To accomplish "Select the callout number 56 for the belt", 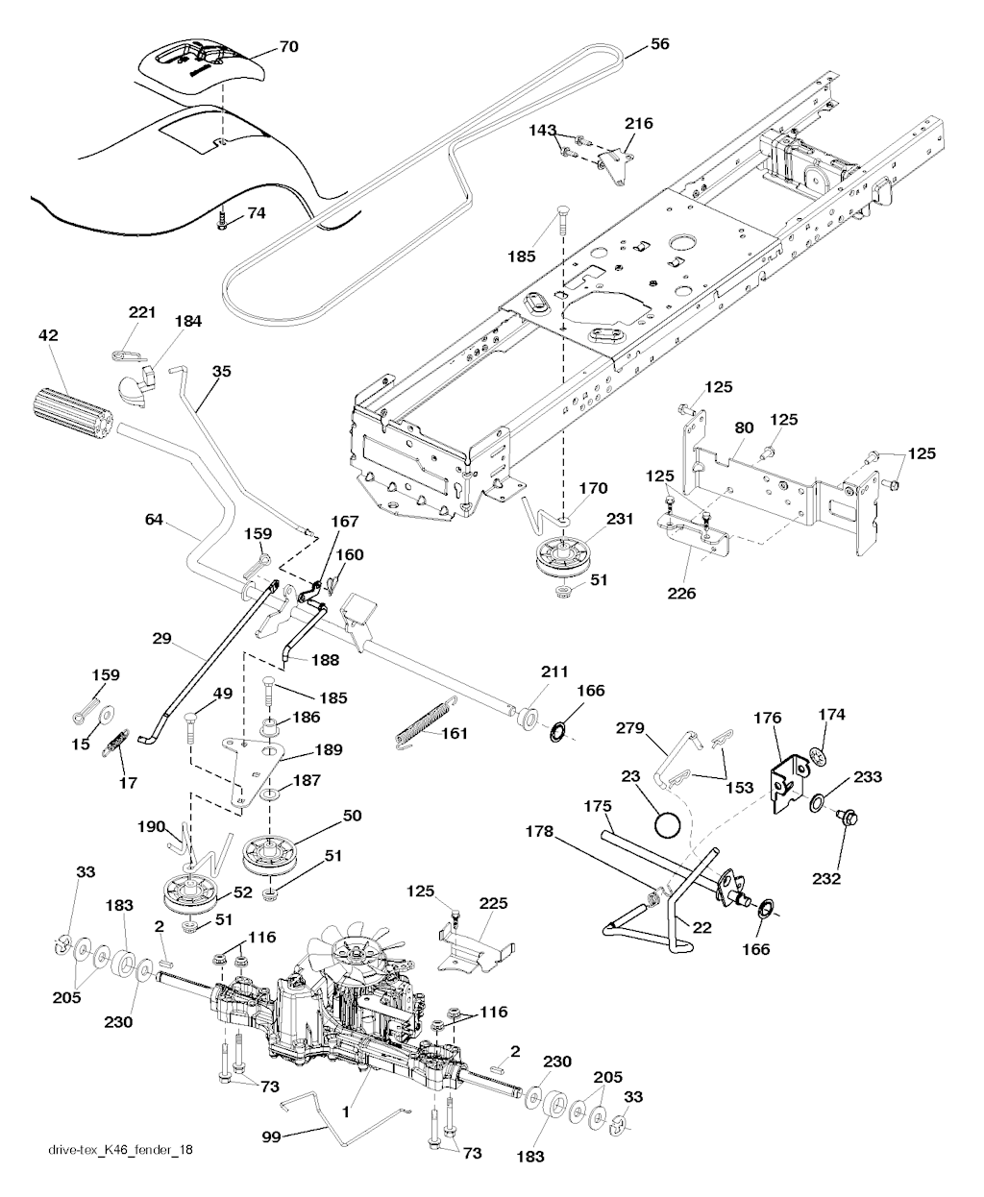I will click(x=660, y=43).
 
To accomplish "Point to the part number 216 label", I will click(x=639, y=123).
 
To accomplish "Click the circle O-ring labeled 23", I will click(x=666, y=823).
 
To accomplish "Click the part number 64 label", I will click(x=154, y=520).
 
